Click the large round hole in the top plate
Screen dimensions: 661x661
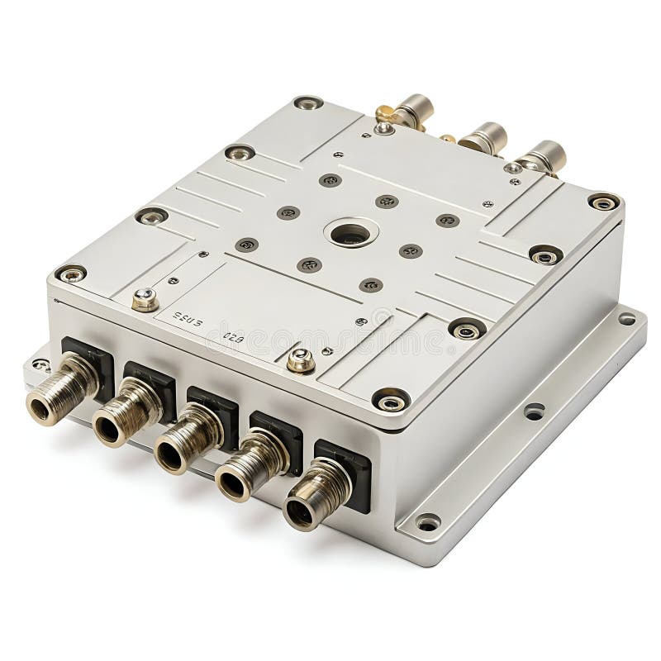pyautogui.click(x=350, y=234)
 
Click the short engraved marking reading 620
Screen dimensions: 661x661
pyautogui.click(x=234, y=337)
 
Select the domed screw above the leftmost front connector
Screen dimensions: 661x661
pyautogui.click(x=145, y=299)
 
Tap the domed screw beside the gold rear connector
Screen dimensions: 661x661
pyautogui.click(x=383, y=128)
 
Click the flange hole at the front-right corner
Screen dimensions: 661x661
pyautogui.click(x=427, y=522)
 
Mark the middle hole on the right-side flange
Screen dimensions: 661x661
pyautogui.click(x=534, y=410)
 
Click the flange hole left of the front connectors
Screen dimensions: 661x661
pyautogui.click(x=40, y=364)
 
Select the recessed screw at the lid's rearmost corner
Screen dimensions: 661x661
pyautogui.click(x=308, y=102)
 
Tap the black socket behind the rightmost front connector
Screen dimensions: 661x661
pyautogui.click(x=347, y=471)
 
